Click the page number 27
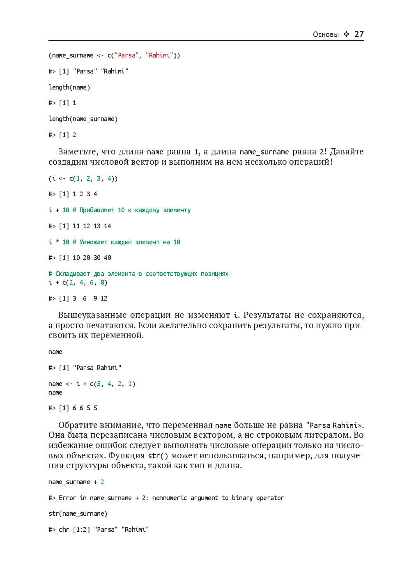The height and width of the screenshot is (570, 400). point(359,34)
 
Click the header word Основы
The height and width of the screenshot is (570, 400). point(326,34)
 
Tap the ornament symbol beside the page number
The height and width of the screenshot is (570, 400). point(347,34)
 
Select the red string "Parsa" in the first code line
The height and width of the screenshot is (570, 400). point(126,55)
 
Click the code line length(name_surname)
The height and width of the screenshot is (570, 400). point(83,119)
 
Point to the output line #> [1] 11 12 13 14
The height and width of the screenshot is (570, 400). point(80,226)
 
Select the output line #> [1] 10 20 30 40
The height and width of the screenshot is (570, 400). point(80,258)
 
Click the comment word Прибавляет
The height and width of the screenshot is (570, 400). point(97,210)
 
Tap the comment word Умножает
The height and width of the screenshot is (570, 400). point(93,242)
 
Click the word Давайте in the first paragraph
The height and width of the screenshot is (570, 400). point(347,152)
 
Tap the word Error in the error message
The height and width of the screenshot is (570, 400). point(67,498)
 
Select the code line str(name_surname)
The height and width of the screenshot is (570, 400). point(78,514)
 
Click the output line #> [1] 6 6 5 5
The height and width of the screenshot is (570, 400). point(73,408)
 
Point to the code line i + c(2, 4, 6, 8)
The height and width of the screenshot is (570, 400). point(78,283)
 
